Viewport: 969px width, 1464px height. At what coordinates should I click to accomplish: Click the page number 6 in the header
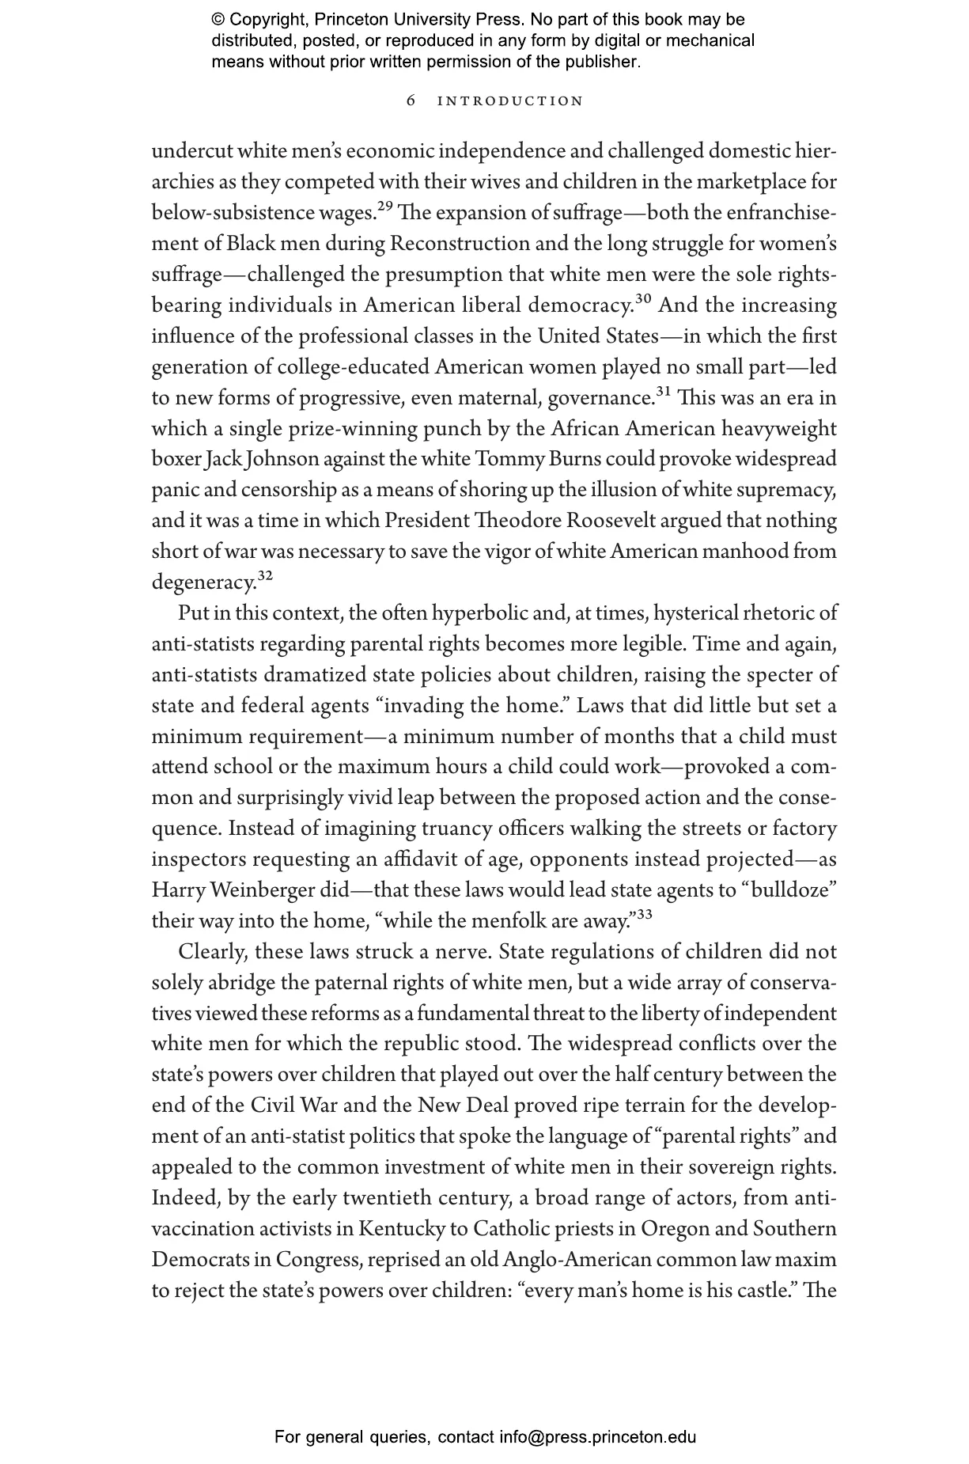click(x=411, y=101)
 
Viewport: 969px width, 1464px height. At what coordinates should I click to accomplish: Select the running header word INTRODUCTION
click(x=510, y=101)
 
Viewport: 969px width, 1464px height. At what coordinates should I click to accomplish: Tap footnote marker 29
click(x=384, y=207)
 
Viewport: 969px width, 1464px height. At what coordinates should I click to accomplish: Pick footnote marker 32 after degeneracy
click(x=265, y=577)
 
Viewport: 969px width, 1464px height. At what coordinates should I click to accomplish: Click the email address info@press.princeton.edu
click(x=597, y=1437)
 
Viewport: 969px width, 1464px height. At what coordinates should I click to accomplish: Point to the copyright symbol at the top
click(x=218, y=20)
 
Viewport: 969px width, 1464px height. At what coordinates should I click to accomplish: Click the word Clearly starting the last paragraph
click(x=212, y=952)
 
